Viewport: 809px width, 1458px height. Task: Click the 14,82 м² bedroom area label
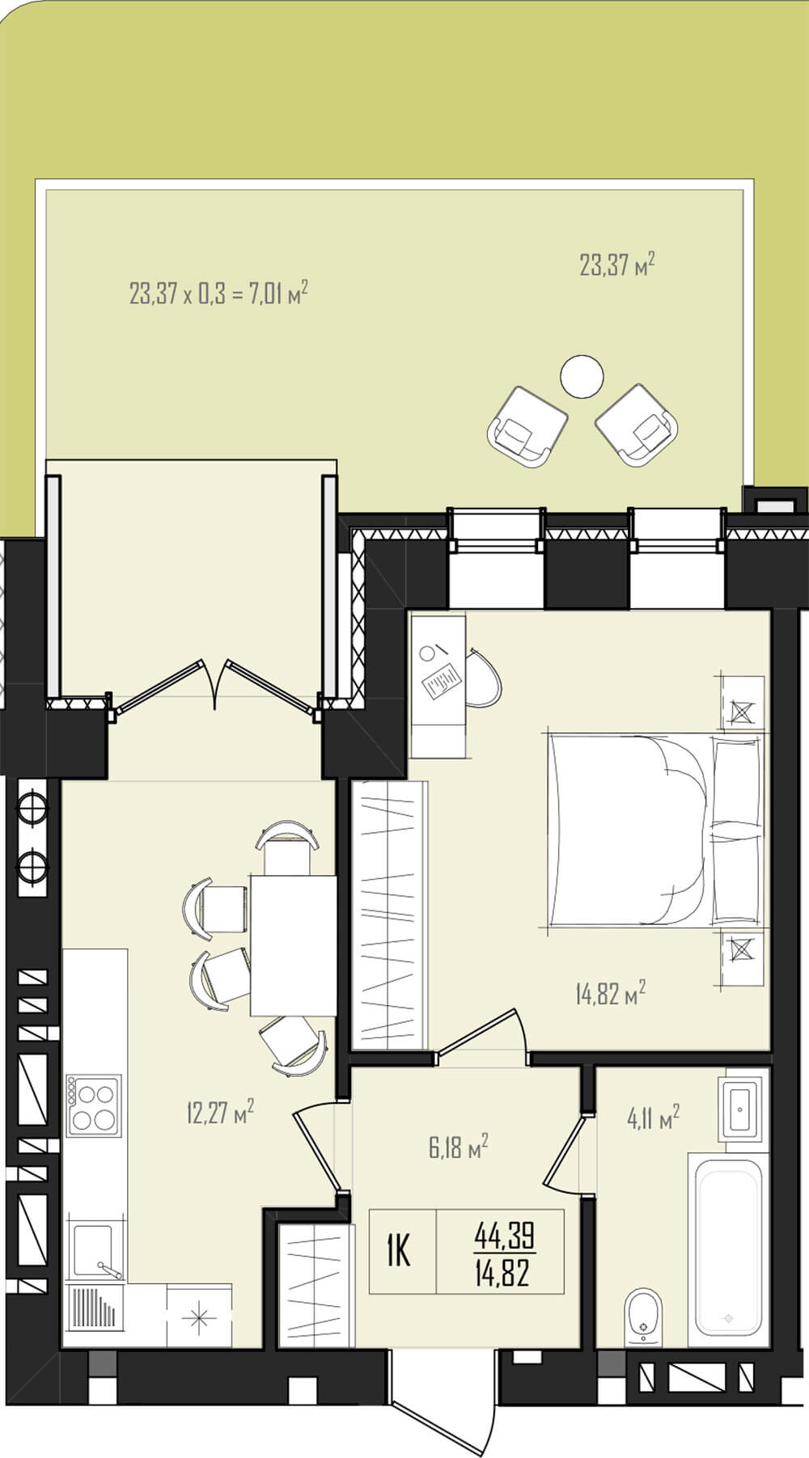(x=611, y=992)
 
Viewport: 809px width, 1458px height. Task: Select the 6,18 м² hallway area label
(x=458, y=1147)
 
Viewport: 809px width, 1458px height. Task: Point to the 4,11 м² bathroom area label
(x=653, y=1118)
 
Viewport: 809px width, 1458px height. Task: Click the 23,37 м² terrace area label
(x=616, y=264)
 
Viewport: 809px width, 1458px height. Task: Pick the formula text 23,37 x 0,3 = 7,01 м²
(x=218, y=292)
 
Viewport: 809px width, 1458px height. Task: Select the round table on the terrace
(x=582, y=376)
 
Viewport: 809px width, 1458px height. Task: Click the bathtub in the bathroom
(x=729, y=1290)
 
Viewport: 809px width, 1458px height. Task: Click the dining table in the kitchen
(x=293, y=945)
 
